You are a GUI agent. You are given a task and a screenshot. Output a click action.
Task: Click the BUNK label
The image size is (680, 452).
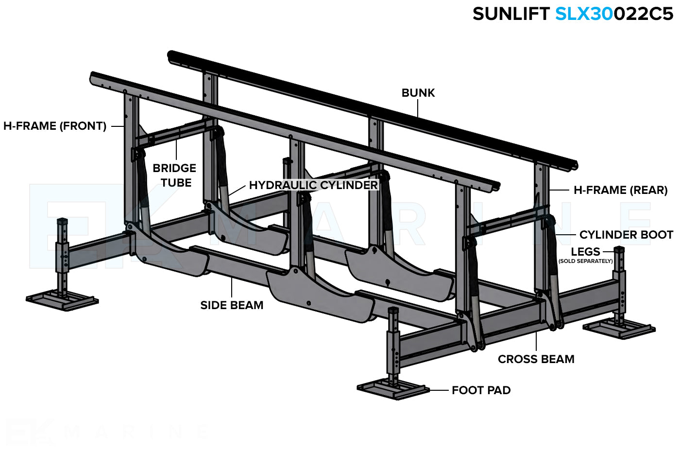point(418,93)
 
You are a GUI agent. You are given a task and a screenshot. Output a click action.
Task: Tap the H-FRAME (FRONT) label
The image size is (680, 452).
point(55,126)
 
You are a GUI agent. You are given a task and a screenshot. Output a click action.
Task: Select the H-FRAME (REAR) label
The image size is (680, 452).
point(620,190)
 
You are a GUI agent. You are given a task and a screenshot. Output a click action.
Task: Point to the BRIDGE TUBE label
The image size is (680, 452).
point(174,175)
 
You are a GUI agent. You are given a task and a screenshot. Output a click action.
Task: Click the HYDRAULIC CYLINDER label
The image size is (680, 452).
point(313,185)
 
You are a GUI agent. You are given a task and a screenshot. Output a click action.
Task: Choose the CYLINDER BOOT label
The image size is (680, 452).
point(626,235)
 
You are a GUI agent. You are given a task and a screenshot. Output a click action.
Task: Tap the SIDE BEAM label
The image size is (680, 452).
point(232,305)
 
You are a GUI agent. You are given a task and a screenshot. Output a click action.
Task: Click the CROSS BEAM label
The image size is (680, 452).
point(536,359)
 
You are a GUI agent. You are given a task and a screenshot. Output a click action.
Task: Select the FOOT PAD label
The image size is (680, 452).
point(481,390)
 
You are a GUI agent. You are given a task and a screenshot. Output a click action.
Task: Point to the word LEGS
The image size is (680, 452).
point(585,252)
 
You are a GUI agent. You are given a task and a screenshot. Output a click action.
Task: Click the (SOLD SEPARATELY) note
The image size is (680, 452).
point(585,261)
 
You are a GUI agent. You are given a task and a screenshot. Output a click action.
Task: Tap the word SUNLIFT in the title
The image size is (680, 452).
point(510,14)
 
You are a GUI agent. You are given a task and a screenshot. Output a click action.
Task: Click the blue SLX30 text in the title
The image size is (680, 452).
point(584,14)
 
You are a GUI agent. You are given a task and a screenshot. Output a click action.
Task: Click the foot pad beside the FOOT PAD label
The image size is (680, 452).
point(393,388)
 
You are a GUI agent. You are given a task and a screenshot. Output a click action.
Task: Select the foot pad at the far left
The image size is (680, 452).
point(62,299)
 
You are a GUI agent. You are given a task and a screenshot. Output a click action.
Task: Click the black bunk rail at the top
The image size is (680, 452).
point(369,107)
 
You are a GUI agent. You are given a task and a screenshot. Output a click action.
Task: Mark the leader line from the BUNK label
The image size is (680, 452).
point(418,108)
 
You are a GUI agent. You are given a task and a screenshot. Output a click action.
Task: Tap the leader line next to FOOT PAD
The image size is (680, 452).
point(439,390)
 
